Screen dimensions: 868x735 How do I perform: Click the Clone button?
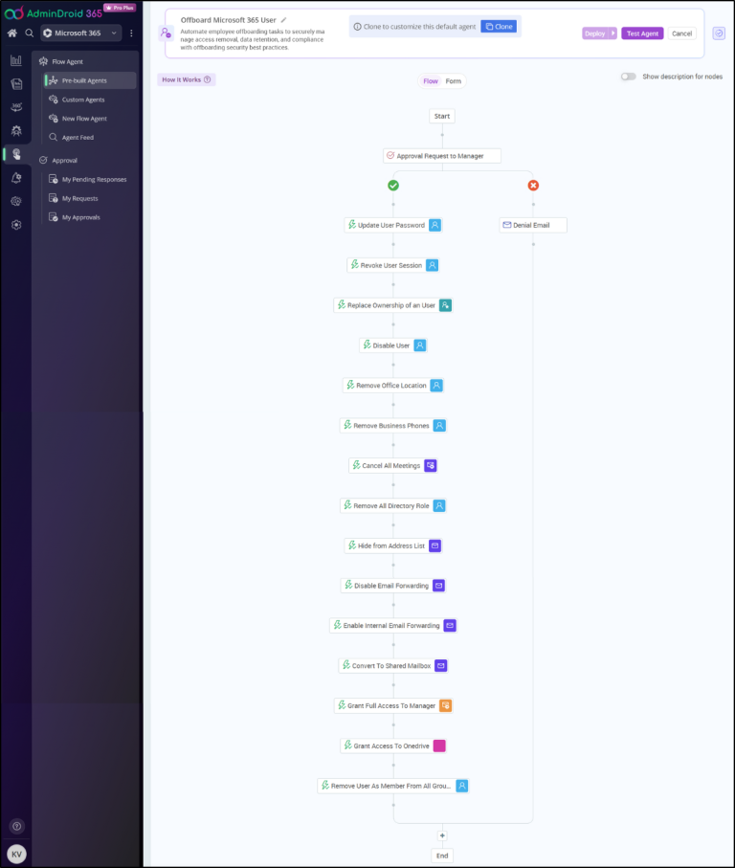499,27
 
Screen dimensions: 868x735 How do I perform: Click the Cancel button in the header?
681,33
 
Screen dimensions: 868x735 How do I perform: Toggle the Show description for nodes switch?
628,77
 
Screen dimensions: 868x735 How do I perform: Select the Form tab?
454,81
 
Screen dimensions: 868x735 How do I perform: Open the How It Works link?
186,79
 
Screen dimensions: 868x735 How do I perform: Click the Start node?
441,116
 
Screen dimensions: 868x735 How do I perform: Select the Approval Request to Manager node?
441,155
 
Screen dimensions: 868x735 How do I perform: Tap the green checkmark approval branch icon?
393,186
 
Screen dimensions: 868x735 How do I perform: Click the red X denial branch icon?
533,186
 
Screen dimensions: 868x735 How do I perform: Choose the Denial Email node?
533,225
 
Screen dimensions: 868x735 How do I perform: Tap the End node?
441,856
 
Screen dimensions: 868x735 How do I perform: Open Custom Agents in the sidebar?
83,100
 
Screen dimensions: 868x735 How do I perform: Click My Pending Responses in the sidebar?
94,179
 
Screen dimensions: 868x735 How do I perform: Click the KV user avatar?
16,854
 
